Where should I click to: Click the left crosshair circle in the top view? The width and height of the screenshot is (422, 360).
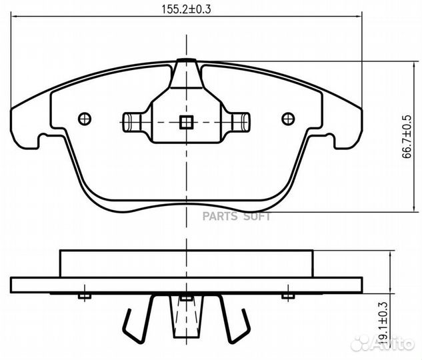(84, 119)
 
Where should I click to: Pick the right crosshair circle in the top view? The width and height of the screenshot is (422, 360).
(288, 119)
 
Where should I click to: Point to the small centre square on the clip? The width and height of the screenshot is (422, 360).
(186, 122)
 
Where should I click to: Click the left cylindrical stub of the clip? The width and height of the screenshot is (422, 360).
(131, 122)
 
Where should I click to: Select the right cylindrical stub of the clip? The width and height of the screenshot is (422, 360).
(242, 122)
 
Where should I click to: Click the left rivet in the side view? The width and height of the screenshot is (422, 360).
(83, 295)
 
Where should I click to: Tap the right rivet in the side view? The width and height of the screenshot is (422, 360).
(287, 295)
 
